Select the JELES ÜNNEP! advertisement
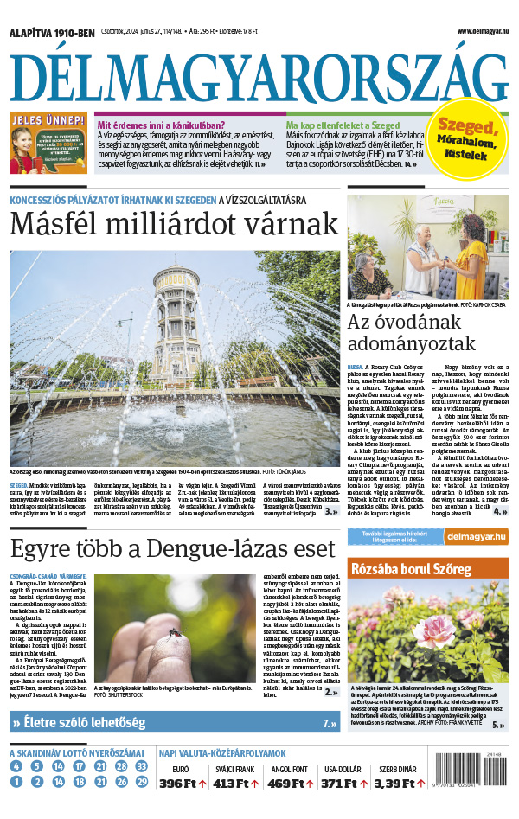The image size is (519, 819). point(48,143)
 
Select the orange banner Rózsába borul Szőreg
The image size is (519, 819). point(428,569)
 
